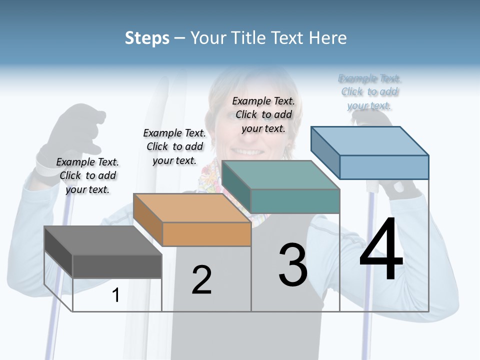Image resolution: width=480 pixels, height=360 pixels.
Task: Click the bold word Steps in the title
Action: coord(147,38)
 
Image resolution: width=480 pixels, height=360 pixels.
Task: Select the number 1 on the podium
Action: coord(116,295)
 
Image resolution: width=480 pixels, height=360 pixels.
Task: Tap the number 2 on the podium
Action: coord(201,280)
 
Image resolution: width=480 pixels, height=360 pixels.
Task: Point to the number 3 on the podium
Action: coord(293,265)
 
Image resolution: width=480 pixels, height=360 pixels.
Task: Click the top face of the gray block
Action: coord(102,240)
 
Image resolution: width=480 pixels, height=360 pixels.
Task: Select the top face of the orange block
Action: coord(191,208)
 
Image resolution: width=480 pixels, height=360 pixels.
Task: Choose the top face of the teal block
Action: coord(280,175)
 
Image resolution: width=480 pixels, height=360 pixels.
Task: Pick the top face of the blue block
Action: coord(370,141)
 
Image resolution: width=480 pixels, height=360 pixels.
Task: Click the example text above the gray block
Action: coord(87,175)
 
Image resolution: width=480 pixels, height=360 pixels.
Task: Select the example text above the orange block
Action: coord(174,146)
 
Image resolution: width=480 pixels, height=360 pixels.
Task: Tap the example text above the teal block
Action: coord(263,114)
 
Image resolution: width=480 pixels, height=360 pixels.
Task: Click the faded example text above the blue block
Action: coord(369,92)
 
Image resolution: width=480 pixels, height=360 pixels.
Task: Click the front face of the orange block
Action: coord(206,234)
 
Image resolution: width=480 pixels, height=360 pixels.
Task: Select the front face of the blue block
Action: coord(384,167)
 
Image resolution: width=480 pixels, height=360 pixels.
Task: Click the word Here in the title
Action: coord(327,38)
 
